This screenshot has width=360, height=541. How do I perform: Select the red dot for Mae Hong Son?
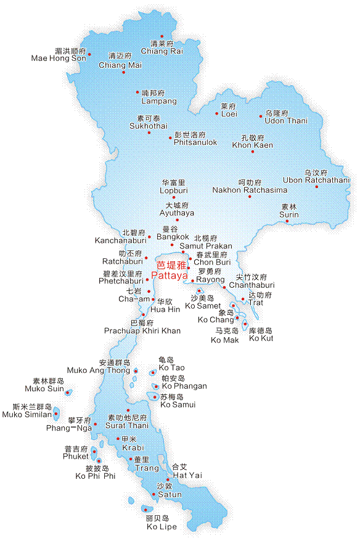click(89, 54)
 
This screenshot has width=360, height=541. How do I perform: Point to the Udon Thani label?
click(285, 121)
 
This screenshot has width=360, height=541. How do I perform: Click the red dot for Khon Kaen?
click(252, 152)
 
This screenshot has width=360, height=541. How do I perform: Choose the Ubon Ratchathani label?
click(316, 180)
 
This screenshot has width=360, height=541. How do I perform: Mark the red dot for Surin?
click(287, 221)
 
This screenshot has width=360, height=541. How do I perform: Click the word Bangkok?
click(173, 237)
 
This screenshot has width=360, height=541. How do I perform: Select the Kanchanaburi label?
click(120, 240)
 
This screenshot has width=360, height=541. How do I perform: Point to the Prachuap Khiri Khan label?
click(142, 331)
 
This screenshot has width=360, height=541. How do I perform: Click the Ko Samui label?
click(178, 405)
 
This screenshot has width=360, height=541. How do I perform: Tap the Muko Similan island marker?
click(56, 413)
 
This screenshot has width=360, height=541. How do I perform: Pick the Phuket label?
click(76, 457)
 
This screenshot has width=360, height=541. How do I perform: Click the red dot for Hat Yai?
click(168, 479)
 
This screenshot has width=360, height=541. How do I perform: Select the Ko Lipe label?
click(161, 527)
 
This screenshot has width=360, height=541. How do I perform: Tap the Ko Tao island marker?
click(153, 372)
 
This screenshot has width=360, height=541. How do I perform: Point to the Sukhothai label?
click(148, 126)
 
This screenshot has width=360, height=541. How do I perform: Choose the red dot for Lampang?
click(137, 92)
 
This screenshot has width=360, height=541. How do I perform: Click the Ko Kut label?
click(261, 338)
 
